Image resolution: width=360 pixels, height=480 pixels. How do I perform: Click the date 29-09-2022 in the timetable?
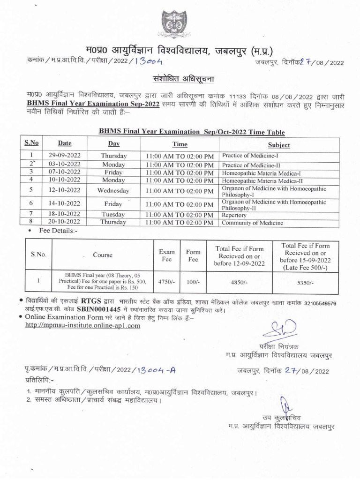[64, 155]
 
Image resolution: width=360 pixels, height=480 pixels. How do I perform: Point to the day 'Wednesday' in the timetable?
[113, 190]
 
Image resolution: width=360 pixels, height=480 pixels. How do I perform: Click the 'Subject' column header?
[278, 145]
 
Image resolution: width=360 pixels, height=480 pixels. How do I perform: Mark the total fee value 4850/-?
[239, 283]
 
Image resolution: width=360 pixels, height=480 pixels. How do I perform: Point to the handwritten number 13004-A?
[157, 370]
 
